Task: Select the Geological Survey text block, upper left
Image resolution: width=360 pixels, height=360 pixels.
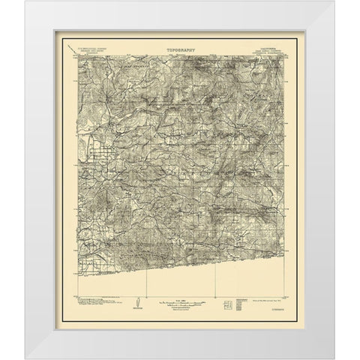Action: (x=87, y=55)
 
